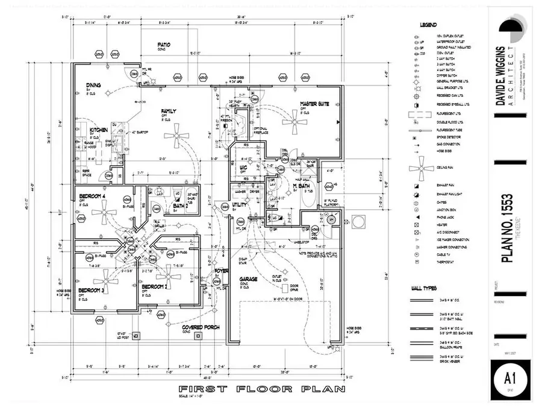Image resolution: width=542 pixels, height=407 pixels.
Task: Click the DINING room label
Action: [x=93, y=84]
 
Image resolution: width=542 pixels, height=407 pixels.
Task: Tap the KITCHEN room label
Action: [x=99, y=130]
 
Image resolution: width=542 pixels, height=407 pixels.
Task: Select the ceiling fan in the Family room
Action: [x=177, y=135]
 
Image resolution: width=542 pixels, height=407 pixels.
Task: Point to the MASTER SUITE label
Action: [x=314, y=104]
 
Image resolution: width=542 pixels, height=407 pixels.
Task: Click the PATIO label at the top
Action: [x=164, y=45]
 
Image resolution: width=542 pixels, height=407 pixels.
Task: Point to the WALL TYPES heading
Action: [x=428, y=288]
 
